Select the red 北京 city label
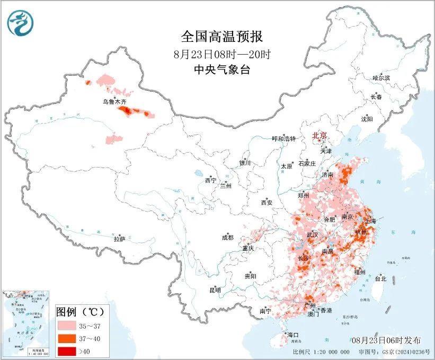[x=319, y=135]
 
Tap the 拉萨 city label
[x=119, y=239]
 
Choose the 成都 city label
[x=228, y=238]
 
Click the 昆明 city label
[x=215, y=291]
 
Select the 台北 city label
[x=380, y=278]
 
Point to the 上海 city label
[x=371, y=221]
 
